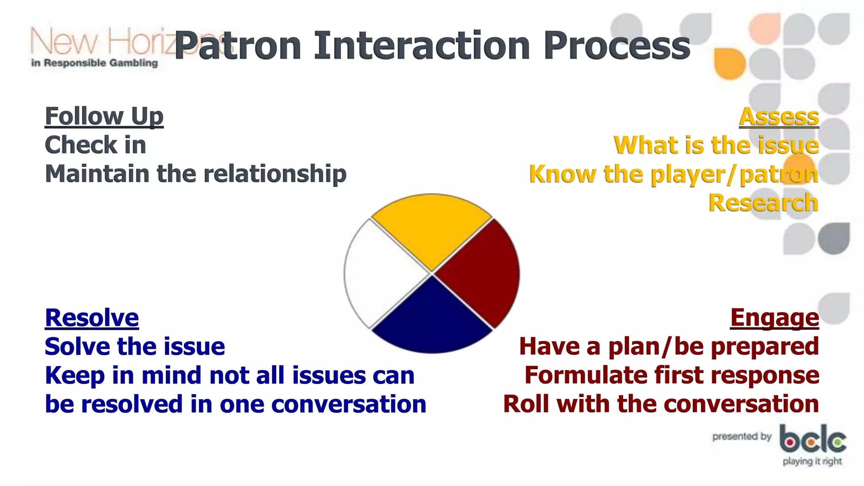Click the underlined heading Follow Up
104,116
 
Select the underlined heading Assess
779,116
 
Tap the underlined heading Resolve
92,317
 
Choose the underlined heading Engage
775,317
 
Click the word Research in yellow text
763,202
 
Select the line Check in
95,145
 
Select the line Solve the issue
135,346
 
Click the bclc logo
813,440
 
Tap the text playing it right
812,461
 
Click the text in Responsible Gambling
94,63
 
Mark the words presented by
742,436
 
